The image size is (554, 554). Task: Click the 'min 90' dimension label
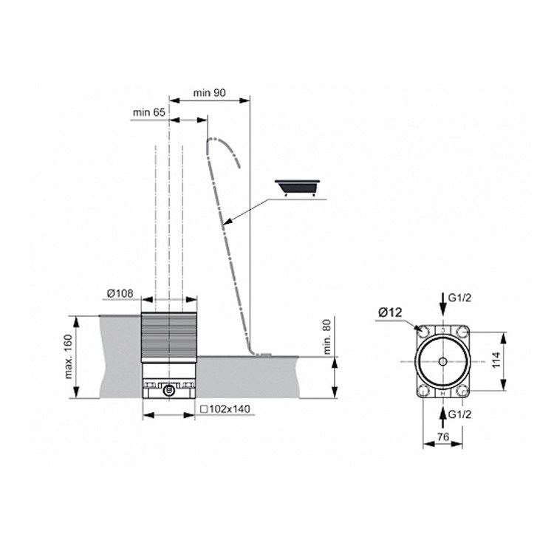pyautogui.click(x=209, y=92)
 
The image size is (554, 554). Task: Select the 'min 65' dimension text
pyautogui.click(x=148, y=112)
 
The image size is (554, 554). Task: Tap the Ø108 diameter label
pyautogui.click(x=119, y=293)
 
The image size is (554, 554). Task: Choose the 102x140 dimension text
pyautogui.click(x=225, y=408)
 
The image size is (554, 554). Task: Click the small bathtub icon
pyautogui.click(x=298, y=187)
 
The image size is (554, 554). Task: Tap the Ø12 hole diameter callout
pyautogui.click(x=391, y=312)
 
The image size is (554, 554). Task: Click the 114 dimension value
pyautogui.click(x=518, y=360)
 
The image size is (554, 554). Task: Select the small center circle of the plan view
pyautogui.click(x=442, y=361)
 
